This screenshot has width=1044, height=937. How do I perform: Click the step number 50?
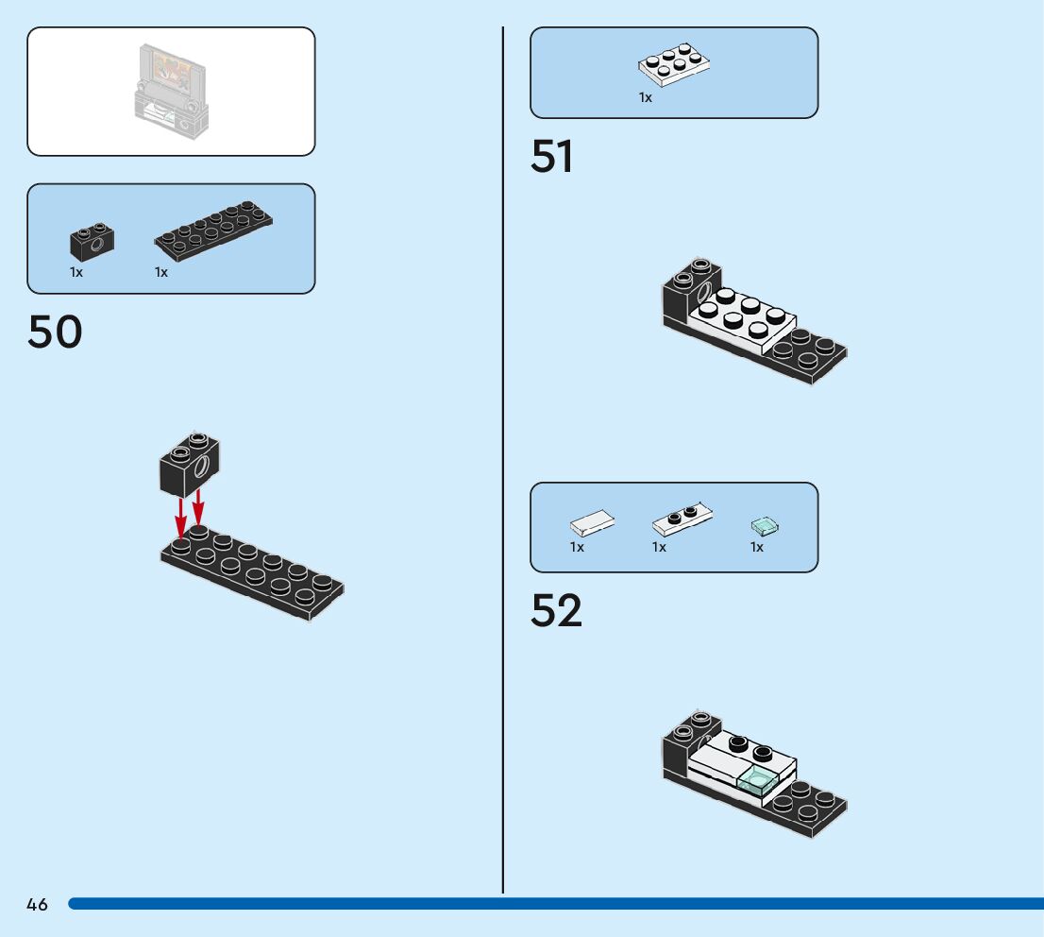pos(55,332)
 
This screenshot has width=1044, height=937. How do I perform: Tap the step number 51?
pos(552,157)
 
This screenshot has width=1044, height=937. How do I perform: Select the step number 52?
pos(556,611)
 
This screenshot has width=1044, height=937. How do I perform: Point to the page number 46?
pos(37,905)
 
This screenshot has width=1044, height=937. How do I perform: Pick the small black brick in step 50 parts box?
pos(92,243)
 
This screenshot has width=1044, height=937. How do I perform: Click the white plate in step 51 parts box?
pos(674,62)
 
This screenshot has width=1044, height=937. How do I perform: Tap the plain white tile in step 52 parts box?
pos(593,521)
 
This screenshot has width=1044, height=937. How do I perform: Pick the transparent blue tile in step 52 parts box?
pos(764,524)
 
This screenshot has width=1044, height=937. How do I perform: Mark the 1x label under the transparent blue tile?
pos(757,547)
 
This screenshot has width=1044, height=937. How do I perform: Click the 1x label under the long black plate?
pos(161,272)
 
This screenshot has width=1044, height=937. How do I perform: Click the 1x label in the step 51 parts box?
pos(646,97)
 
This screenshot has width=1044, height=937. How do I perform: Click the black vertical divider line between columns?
pos(503,472)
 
